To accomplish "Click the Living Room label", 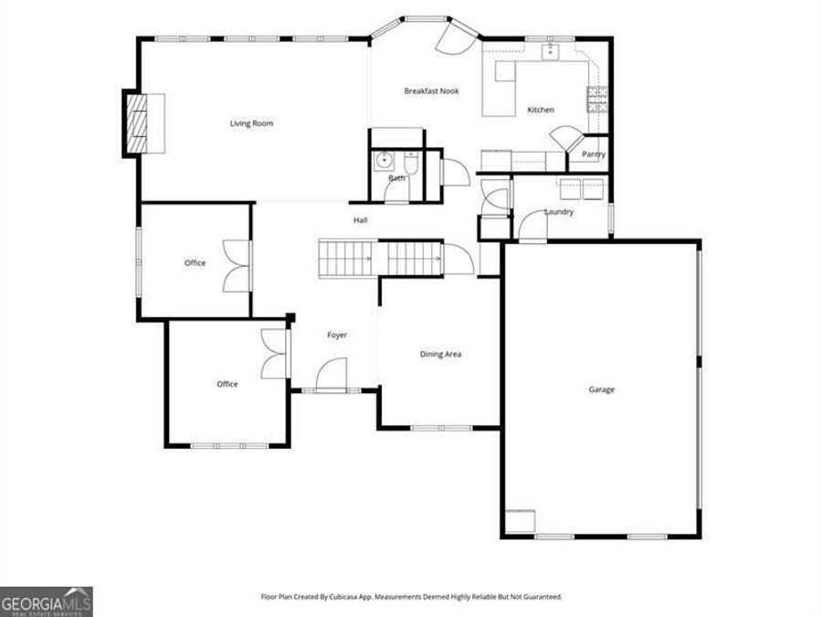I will pos(251,123).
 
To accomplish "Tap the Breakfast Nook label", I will pos(431,91).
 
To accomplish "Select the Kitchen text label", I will pos(541,111).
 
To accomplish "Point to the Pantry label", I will pos(594,154).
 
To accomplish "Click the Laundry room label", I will pos(559,213).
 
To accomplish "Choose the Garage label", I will pos(601,390).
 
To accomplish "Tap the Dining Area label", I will pos(440,355).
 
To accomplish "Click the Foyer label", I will pos(337,335).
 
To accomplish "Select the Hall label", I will pos(361,220).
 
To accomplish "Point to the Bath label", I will pos(396,178).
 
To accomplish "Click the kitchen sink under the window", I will pos(551,51).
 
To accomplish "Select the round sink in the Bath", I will pos(385,161).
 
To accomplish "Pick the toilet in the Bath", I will pos(411,163).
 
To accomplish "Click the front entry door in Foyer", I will pos(332,375).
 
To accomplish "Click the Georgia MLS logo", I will pos(46,601).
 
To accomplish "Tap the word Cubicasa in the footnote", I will pos(342,597).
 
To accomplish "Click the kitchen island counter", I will pos(500,89).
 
